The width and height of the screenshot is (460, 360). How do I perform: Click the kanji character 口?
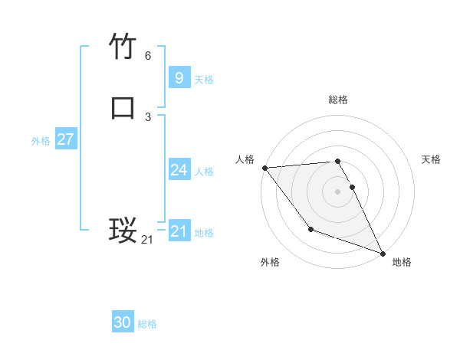click(123, 107)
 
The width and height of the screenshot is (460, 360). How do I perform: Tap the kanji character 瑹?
click(123, 229)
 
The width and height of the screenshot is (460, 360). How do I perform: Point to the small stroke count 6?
click(148, 56)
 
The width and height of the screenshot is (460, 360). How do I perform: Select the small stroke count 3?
click(148, 116)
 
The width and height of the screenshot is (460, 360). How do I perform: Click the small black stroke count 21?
click(147, 240)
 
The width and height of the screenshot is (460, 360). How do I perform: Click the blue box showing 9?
click(179, 77)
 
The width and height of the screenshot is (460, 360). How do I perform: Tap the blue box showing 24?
click(179, 170)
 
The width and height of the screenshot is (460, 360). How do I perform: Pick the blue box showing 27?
click(65, 139)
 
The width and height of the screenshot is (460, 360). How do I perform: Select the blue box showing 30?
click(123, 322)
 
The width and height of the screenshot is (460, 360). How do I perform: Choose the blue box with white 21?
click(179, 231)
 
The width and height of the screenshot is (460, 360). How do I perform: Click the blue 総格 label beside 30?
click(147, 324)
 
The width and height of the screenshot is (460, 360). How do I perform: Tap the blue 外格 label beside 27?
click(41, 141)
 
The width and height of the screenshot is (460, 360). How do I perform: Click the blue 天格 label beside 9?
click(204, 79)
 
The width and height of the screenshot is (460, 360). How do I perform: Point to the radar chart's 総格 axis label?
click(338, 100)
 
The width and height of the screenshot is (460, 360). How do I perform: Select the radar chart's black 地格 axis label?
click(402, 262)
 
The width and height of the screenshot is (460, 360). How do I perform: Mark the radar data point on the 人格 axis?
click(264, 168)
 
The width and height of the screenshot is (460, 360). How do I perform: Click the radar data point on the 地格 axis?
click(383, 253)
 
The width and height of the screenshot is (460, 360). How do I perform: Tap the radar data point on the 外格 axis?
click(310, 229)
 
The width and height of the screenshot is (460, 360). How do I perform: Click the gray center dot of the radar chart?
click(338, 191)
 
